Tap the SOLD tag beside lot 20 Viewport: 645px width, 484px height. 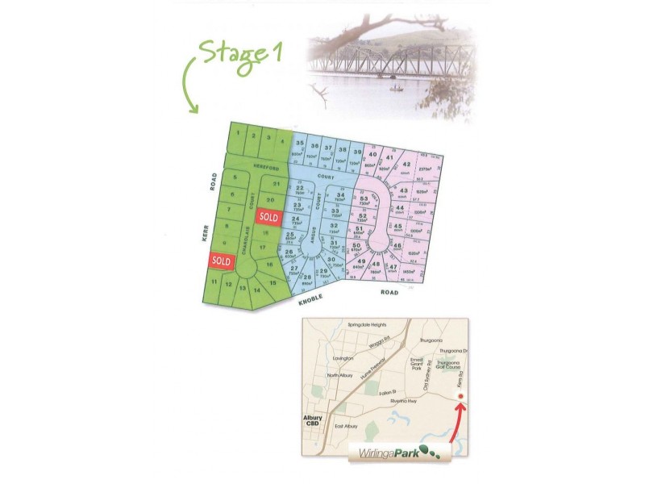click(x=268, y=217)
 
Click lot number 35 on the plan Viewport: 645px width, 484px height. click(x=300, y=144)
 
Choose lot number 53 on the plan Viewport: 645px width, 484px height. click(x=364, y=198)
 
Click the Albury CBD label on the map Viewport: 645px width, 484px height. click(x=312, y=420)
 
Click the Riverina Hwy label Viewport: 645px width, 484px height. click(x=401, y=401)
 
